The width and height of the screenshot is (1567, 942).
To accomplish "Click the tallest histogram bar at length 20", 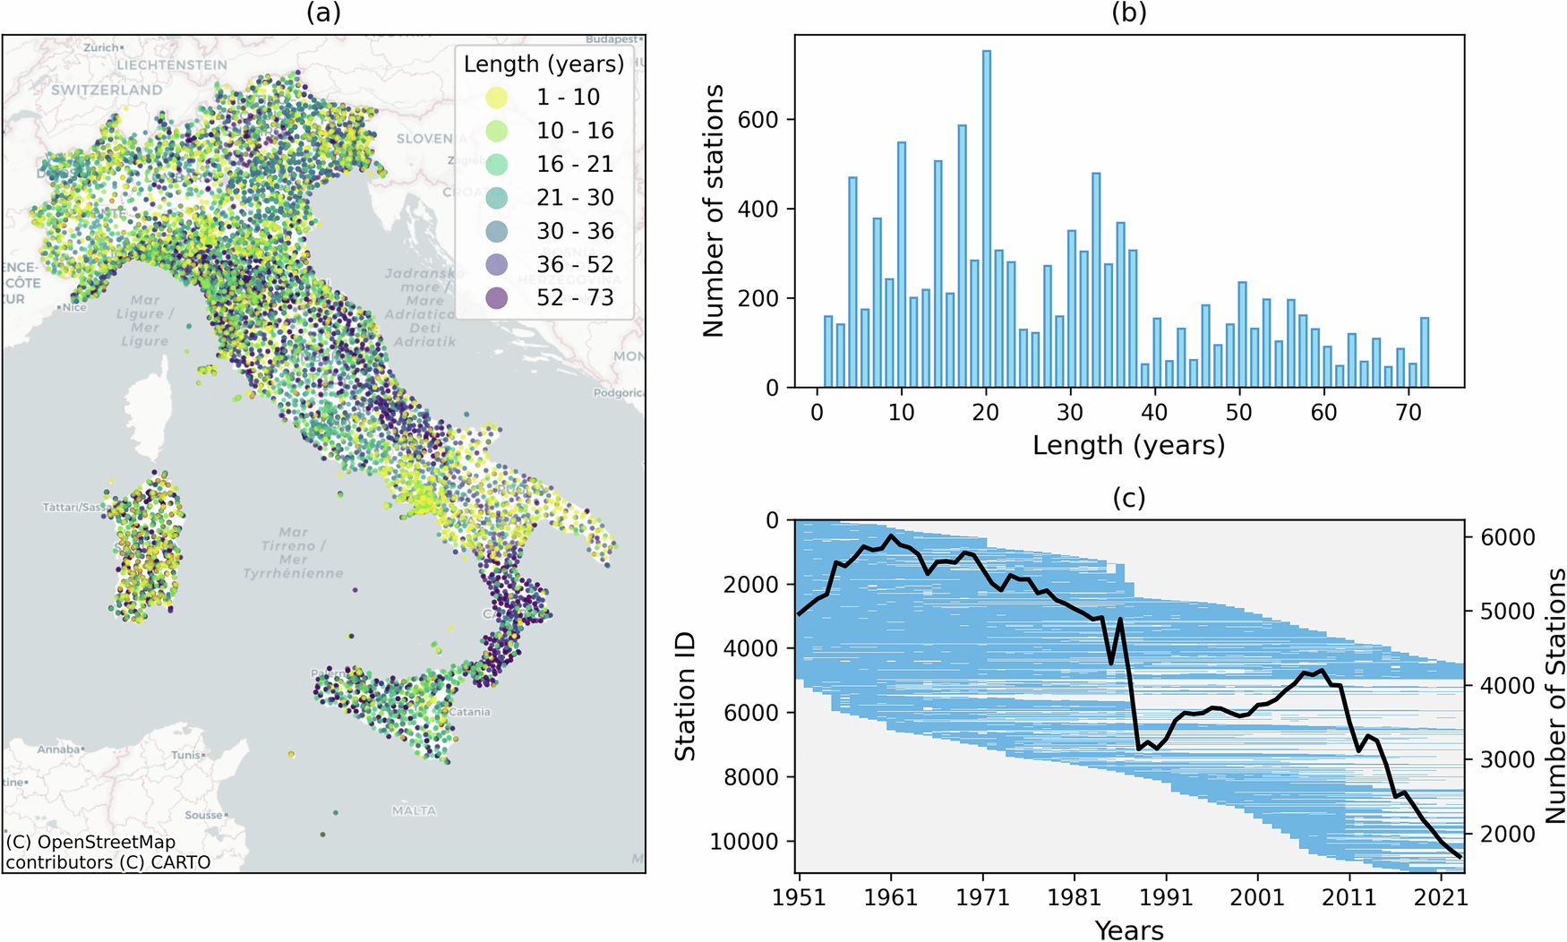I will pyautogui.click(x=986, y=219).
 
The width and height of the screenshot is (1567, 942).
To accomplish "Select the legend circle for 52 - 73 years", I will pyautogui.click(x=496, y=298).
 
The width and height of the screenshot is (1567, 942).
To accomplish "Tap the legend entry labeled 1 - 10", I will pyautogui.click(x=568, y=97).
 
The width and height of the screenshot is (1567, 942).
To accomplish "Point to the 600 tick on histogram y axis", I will pyautogui.click(x=758, y=120).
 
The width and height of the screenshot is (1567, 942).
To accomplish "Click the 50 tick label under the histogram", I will pyautogui.click(x=1239, y=412).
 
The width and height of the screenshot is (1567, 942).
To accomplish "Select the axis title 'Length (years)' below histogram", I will pyautogui.click(x=1128, y=445).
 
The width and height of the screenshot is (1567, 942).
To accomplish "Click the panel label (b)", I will pyautogui.click(x=1128, y=13).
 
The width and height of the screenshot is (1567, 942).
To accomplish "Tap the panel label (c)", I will pyautogui.click(x=1128, y=498).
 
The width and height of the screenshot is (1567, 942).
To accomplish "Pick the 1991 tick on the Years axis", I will pyautogui.click(x=1165, y=896).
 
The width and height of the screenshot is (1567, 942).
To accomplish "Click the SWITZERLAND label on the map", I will pyautogui.click(x=107, y=90).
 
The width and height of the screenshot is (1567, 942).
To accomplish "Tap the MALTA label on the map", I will pyautogui.click(x=414, y=811).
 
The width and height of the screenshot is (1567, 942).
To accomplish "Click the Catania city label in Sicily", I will pyautogui.click(x=470, y=712).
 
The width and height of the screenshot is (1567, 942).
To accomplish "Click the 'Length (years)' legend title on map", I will pyautogui.click(x=544, y=64).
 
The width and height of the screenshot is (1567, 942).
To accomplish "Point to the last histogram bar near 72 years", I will pyautogui.click(x=1425, y=353).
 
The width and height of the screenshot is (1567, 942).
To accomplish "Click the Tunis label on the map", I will pyautogui.click(x=187, y=755).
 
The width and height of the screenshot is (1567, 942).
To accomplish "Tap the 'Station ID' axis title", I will pyautogui.click(x=685, y=696).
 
